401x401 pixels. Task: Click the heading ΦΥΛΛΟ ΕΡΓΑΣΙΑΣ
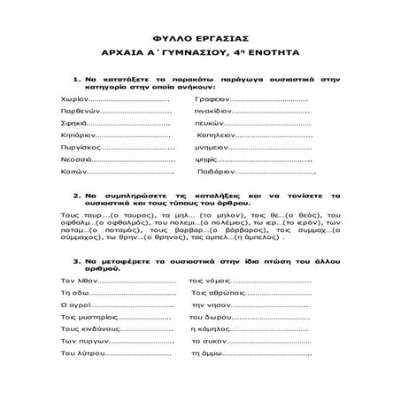tap(200, 41)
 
